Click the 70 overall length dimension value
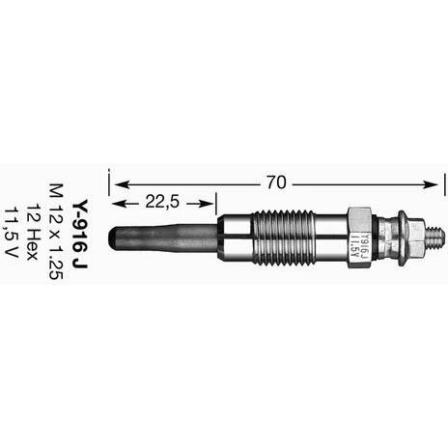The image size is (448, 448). point(276,182)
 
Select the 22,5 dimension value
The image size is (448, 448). point(162,202)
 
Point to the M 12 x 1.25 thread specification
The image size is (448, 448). point(56,232)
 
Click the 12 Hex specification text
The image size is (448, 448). point(31,232)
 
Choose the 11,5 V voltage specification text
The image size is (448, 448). point(11,232)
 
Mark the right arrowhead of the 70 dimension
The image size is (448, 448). point(431,184)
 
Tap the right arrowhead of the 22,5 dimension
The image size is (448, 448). point(207,204)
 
